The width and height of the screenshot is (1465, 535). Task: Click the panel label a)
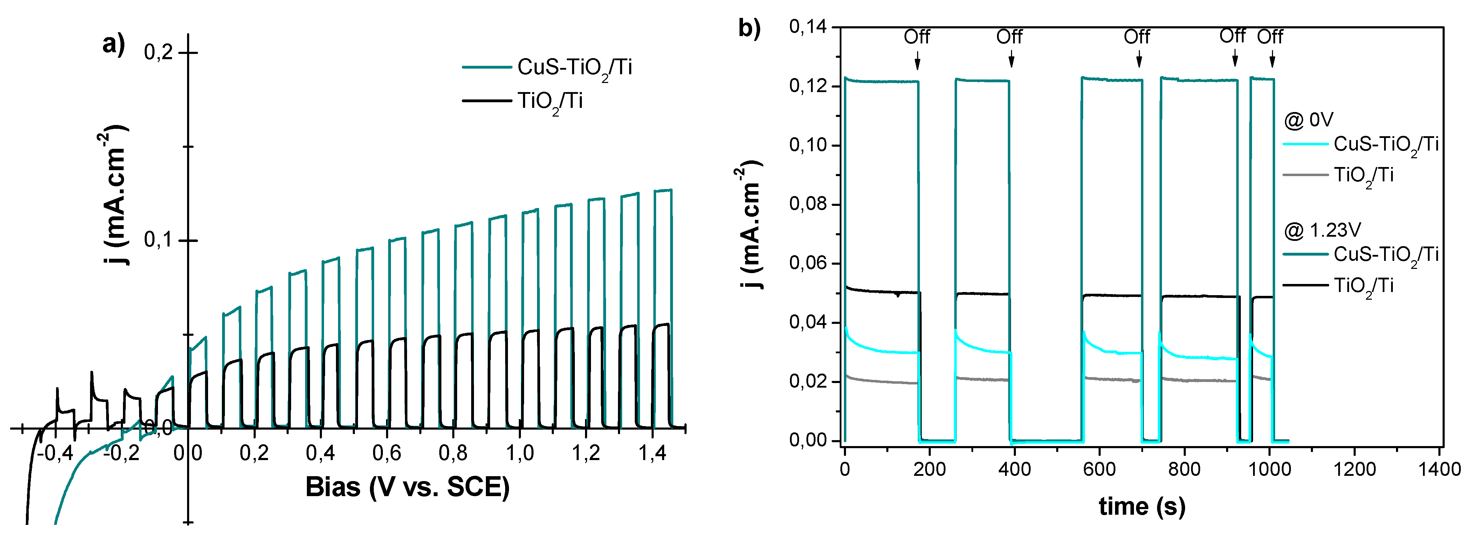coord(113,44)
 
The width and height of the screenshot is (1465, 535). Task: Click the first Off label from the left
coord(917,37)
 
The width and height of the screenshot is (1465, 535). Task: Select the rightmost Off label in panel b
coord(1270,37)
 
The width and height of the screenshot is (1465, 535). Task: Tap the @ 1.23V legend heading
coord(1322,230)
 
